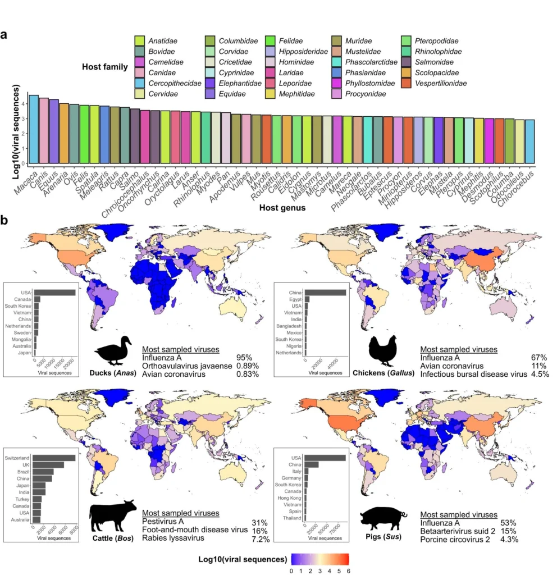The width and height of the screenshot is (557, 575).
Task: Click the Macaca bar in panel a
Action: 34,129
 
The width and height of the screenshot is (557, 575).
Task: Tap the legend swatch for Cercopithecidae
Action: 140,84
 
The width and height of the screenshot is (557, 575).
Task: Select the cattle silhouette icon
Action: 113,514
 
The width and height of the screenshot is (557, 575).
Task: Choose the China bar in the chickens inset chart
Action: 326,292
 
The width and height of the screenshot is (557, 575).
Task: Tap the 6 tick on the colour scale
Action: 349,571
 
